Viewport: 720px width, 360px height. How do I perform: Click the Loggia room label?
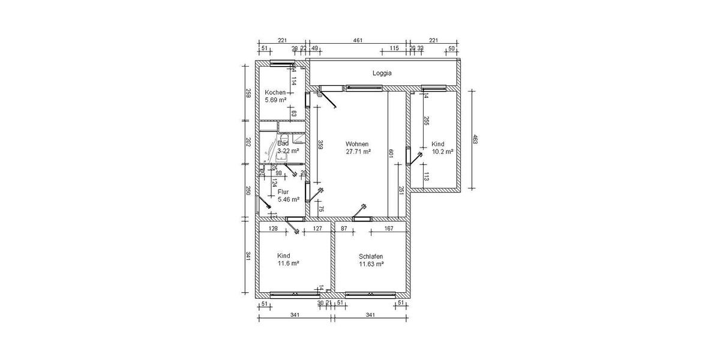coord(382,73)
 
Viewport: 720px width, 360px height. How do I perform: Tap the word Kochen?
coord(275,92)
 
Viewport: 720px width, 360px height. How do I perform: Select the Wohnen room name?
coord(356,144)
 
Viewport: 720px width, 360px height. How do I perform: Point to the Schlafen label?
coord(371,256)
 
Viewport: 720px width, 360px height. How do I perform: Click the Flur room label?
coord(283,192)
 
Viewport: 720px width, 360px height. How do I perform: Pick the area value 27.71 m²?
coord(358,152)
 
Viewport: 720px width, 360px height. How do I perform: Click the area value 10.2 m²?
coord(442,152)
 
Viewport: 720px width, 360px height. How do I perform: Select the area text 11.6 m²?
coord(288,263)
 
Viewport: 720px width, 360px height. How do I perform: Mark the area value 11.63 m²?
coord(371,263)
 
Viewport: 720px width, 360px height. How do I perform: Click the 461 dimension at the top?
coord(358,41)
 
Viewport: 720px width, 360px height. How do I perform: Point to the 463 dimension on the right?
coord(475,140)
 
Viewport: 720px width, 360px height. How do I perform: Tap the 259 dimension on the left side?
coord(247,92)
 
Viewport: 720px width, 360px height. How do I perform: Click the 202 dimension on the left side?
coord(247,142)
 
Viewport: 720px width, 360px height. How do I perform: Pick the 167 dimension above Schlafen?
coord(389,229)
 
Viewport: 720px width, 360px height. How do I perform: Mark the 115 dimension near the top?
coord(394,49)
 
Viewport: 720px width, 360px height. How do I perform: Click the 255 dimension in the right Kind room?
coord(426,121)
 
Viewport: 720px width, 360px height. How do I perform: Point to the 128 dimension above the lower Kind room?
coord(273,229)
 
